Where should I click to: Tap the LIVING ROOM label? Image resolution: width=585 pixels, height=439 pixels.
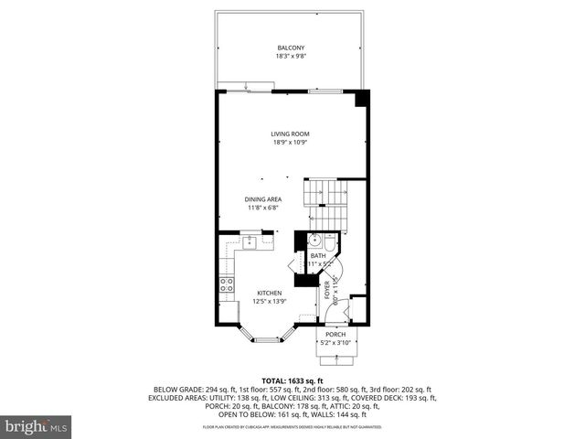(289, 134)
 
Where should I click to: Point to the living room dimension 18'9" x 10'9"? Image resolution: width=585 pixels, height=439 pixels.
(289, 143)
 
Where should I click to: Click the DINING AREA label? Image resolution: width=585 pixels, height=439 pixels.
(262, 199)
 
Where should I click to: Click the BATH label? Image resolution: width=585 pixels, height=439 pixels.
(317, 255)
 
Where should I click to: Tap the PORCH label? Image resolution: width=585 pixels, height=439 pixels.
(336, 335)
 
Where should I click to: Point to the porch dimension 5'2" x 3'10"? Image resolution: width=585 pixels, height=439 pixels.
(336, 343)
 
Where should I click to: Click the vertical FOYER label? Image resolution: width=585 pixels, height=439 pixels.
(326, 291)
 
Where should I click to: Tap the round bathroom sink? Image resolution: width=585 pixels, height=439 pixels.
(312, 241)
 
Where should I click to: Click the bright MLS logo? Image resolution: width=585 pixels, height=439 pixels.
(37, 426)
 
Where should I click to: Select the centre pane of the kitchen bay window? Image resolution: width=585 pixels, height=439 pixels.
(267, 338)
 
